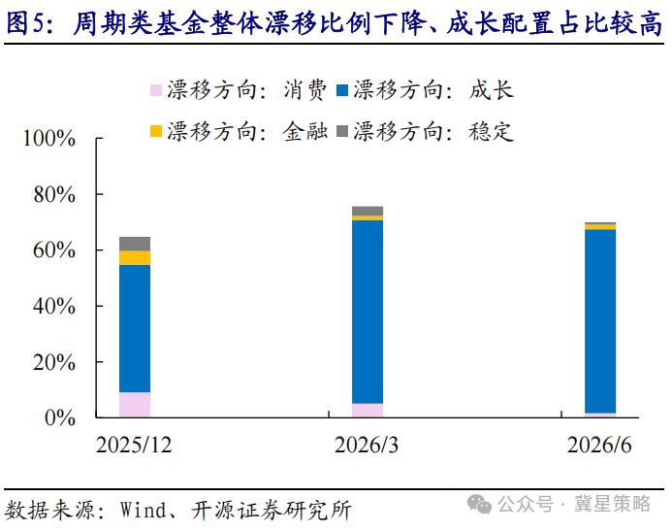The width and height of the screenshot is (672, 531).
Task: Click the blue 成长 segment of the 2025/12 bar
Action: pyautogui.click(x=135, y=328)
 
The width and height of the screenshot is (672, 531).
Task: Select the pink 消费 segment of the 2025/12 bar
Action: pyautogui.click(x=135, y=405)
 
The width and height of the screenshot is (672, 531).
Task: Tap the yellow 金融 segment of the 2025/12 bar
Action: pyautogui.click(x=135, y=258)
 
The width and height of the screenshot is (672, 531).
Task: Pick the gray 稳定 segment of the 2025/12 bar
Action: pyautogui.click(x=135, y=244)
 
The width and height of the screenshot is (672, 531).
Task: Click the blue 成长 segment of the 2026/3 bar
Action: pyautogui.click(x=368, y=312)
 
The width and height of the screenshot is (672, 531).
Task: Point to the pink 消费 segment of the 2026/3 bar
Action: pyautogui.click(x=368, y=411)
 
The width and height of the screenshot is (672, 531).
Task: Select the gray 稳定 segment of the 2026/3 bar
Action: pyautogui.click(x=368, y=211)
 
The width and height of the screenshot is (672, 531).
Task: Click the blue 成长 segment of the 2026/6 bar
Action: pyautogui.click(x=600, y=321)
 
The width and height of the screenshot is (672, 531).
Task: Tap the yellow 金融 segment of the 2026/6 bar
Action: pyautogui.click(x=600, y=227)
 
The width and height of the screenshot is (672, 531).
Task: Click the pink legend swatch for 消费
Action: pyautogui.click(x=156, y=90)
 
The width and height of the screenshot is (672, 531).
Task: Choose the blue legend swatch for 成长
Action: pyautogui.click(x=342, y=90)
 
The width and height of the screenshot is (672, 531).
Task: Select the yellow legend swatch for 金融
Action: pyautogui.click(x=156, y=131)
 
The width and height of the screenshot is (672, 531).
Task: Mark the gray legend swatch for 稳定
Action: pyautogui.click(x=342, y=131)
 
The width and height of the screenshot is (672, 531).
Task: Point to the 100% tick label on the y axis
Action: pyautogui.click(x=48, y=139)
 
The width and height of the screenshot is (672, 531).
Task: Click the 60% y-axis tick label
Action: pyautogui.click(x=54, y=250)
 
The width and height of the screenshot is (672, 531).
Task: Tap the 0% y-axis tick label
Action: pyautogui.click(x=60, y=417)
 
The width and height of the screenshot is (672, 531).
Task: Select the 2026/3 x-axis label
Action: pyautogui.click(x=367, y=445)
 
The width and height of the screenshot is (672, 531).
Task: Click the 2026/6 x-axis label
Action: pyautogui.click(x=599, y=445)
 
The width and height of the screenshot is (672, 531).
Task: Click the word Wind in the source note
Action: pyautogui.click(x=144, y=510)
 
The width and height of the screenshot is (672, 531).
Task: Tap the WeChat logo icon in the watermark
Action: pyautogui.click(x=479, y=504)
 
